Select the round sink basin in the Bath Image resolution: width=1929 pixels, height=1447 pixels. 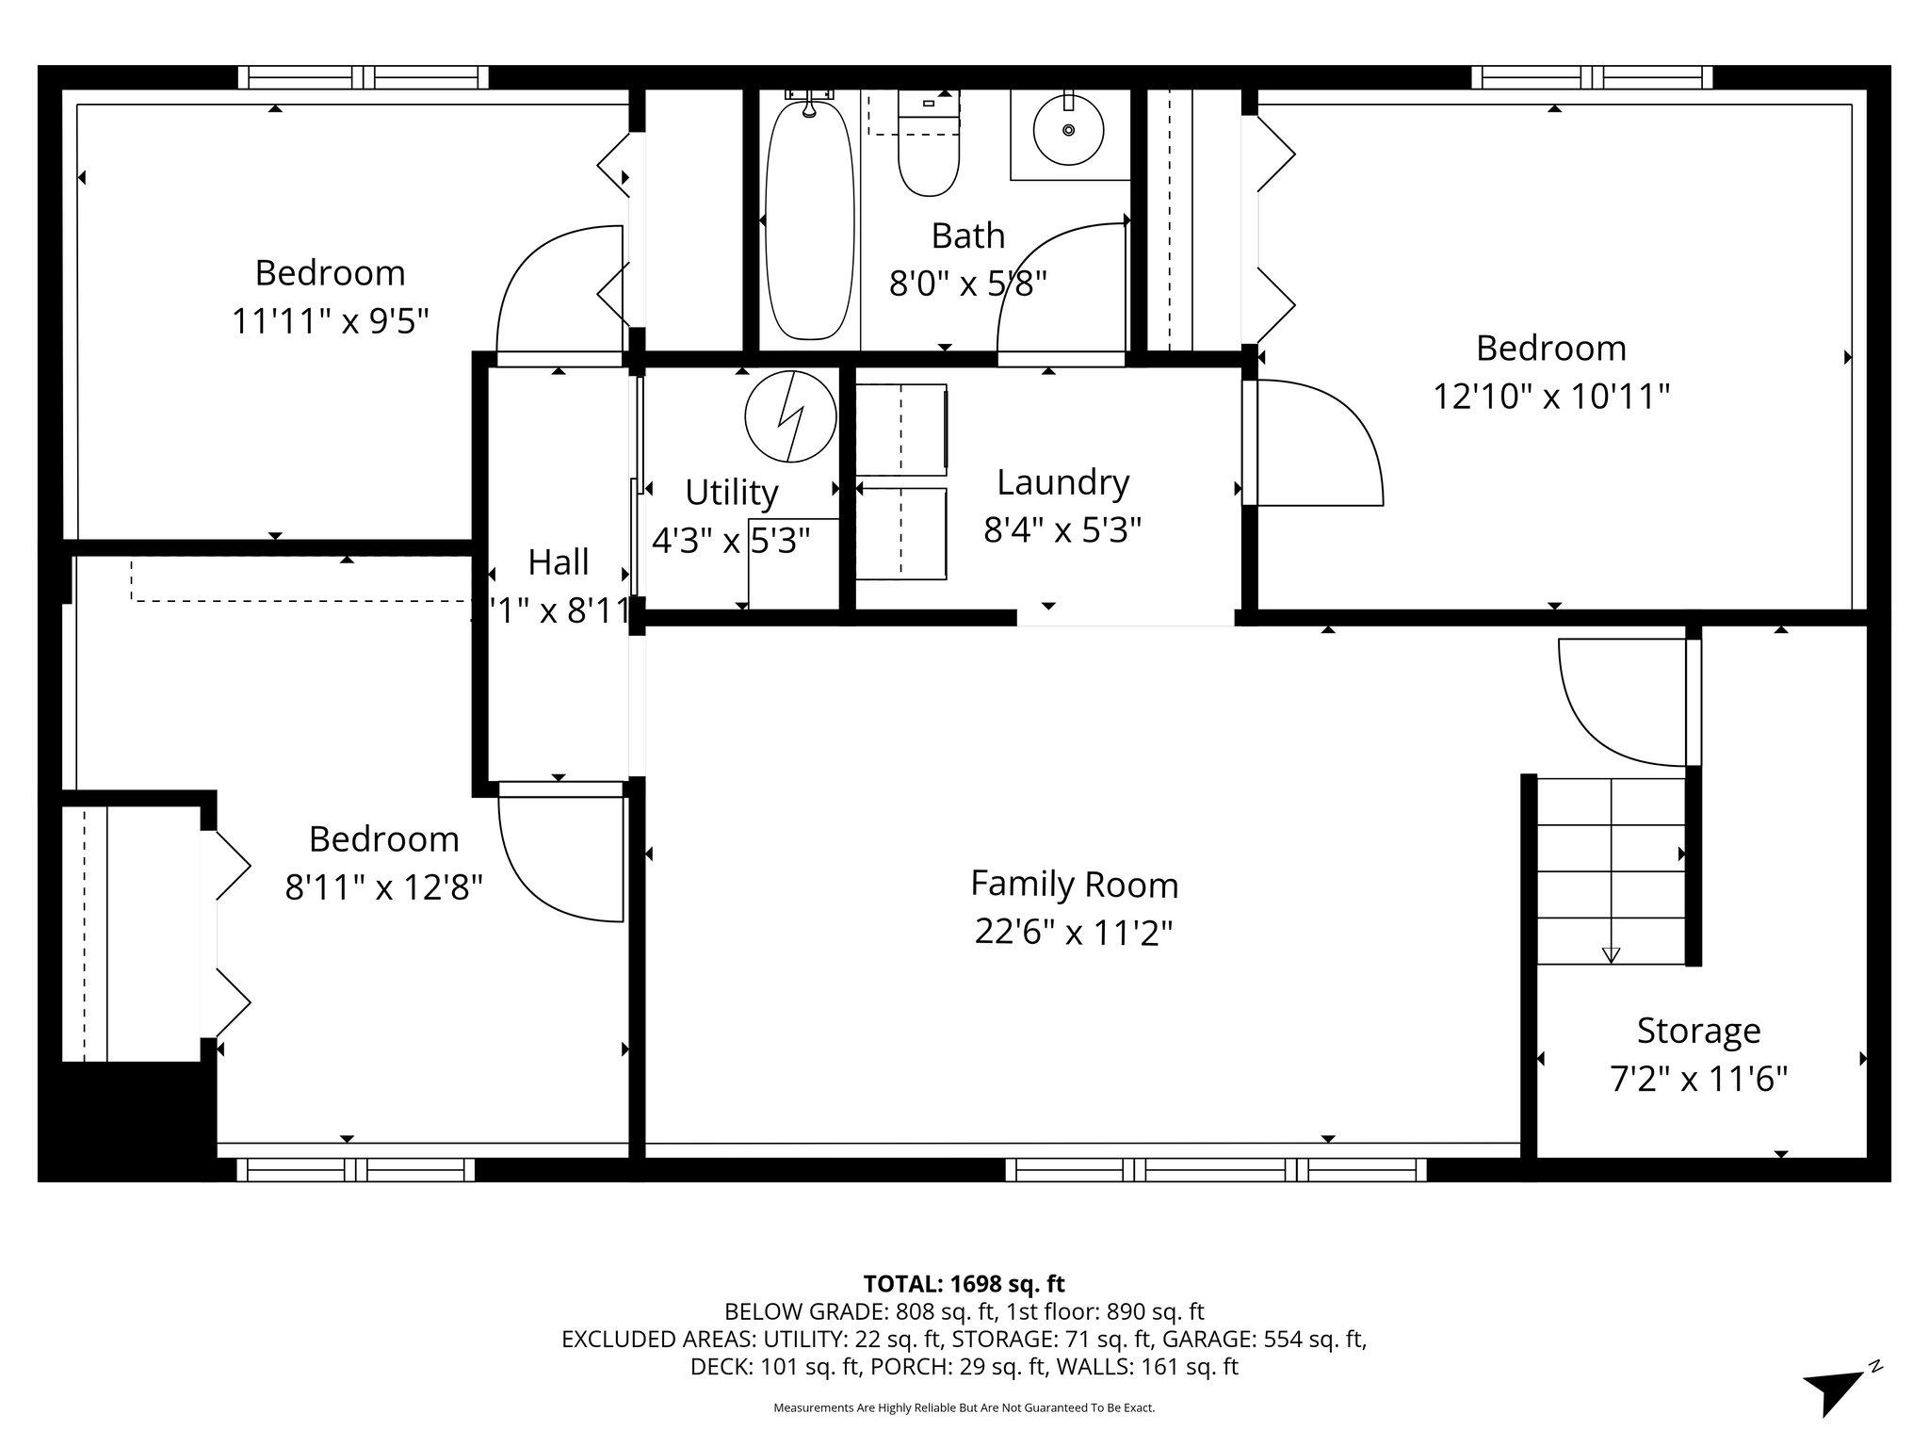coord(1068,130)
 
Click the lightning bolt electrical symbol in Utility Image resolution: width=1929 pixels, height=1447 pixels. coord(790,415)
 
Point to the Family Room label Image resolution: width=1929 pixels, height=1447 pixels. coord(1074,884)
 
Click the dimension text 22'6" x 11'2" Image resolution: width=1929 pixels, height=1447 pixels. coord(1074,933)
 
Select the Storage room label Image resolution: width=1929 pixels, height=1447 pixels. coord(1698,1030)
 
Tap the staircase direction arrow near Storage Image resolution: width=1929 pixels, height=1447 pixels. coord(1611,954)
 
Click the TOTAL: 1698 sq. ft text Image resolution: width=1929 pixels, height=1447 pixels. coord(964,1283)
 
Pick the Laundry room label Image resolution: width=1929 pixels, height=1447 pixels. coord(1062,481)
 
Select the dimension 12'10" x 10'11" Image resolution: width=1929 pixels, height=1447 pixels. coord(1550,397)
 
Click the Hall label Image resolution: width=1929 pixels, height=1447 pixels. coord(559,562)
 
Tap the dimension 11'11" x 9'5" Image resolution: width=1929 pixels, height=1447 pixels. coord(330,321)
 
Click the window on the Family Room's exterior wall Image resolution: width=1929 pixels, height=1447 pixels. coord(1215,1169)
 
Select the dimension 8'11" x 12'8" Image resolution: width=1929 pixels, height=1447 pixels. coord(383,887)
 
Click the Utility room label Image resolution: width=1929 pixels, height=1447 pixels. coord(731,492)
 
